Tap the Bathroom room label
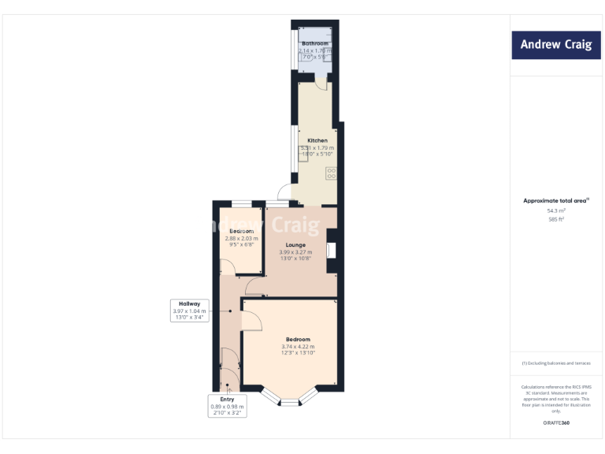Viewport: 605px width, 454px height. point(315,44)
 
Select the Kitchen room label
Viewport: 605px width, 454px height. point(317,140)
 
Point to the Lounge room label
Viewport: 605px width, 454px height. point(296,245)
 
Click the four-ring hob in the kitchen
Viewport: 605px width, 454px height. point(332,173)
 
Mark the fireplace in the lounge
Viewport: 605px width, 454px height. point(330,251)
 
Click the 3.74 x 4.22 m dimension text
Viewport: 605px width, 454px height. point(298,347)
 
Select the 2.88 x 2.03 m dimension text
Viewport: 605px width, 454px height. point(242,238)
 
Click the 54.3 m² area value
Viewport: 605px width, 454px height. point(556,210)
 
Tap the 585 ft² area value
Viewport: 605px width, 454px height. point(556,219)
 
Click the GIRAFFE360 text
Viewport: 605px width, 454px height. point(556,423)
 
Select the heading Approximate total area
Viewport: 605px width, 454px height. point(555,201)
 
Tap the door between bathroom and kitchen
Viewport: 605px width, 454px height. point(321,82)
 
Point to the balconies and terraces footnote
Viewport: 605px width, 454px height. point(556,363)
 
